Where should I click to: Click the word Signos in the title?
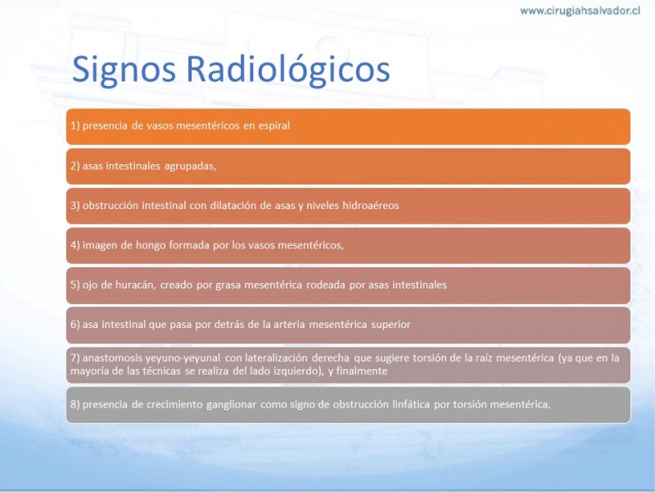click(x=124, y=70)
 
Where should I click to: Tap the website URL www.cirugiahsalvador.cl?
click(x=580, y=11)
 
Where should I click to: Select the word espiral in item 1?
click(x=273, y=126)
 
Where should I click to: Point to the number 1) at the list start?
click(x=75, y=126)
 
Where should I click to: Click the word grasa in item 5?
click(x=228, y=285)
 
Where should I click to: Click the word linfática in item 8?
click(x=412, y=404)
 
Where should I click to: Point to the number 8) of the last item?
click(x=75, y=404)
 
